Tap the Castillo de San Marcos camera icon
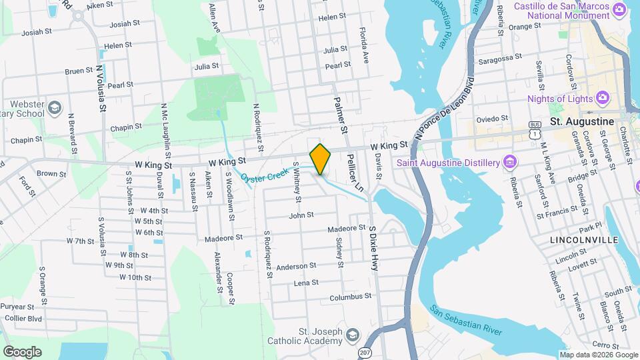[619, 9]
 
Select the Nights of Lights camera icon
[603, 99]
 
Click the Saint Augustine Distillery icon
[510, 162]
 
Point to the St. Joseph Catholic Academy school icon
[353, 334]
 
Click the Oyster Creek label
[266, 176]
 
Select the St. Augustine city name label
[581, 122]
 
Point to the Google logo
[22, 351]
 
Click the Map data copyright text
[598, 355]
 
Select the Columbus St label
[349, 297]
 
